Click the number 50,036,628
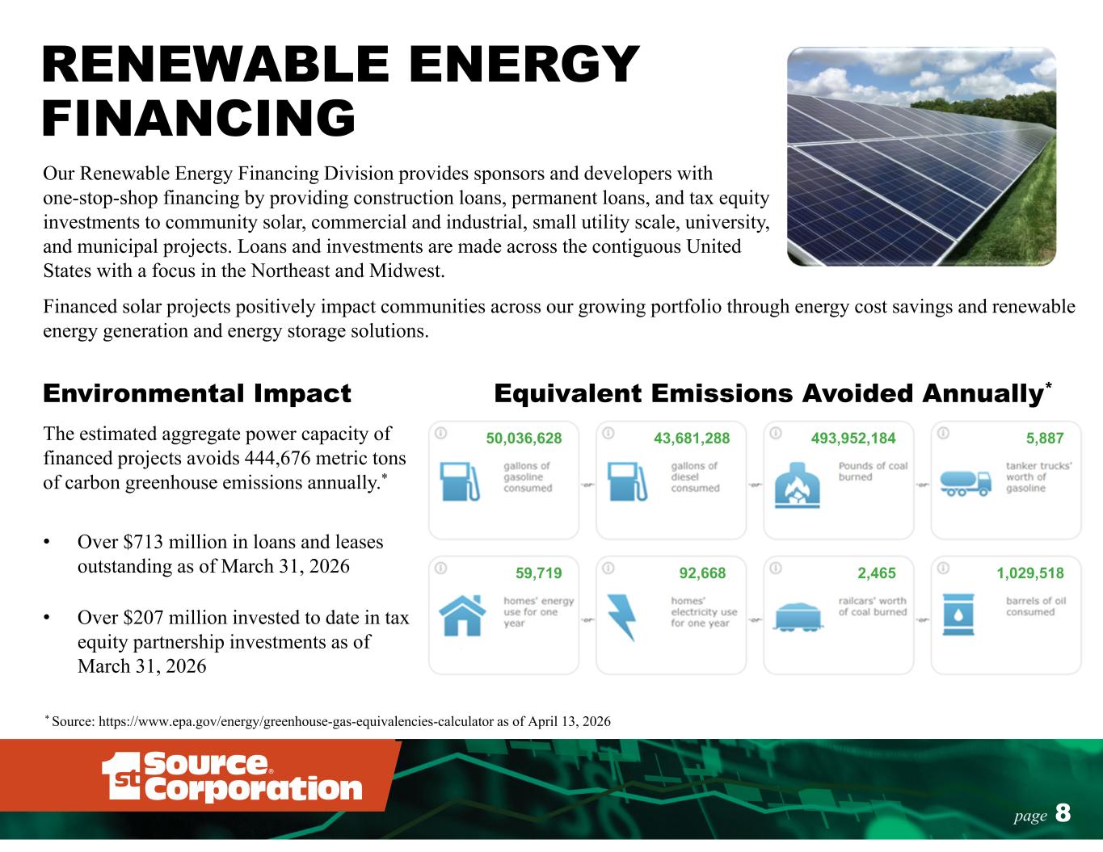click(524, 439)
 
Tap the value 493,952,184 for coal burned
click(853, 439)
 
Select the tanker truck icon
click(966, 483)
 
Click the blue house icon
click(462, 615)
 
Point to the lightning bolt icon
click(622, 617)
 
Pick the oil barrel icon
click(958, 615)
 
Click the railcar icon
click(798, 617)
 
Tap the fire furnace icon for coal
click(797, 485)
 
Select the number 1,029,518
click(1030, 573)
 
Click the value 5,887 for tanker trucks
click(1045, 439)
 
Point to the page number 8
click(1063, 813)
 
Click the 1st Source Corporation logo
click(231, 777)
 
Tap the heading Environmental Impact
click(197, 393)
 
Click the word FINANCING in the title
click(199, 118)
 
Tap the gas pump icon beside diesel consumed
click(627, 482)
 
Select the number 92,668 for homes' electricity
click(702, 573)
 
